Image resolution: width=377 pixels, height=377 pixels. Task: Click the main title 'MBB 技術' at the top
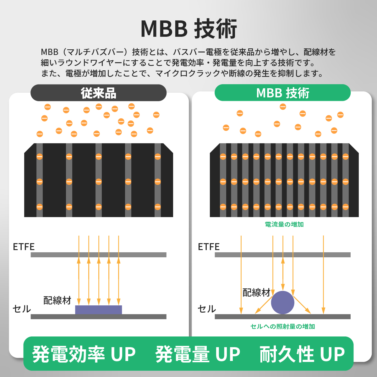[x=189, y=29]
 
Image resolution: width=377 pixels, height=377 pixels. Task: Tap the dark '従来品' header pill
[x=98, y=93]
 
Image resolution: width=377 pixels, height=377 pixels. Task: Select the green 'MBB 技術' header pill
[x=282, y=93]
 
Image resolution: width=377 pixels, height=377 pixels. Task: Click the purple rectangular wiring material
[x=98, y=310]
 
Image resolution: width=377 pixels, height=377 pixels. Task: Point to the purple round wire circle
[x=282, y=303]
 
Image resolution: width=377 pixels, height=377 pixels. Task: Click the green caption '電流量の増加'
[x=284, y=224]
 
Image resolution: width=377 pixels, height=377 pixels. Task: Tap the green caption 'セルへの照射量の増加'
[x=282, y=326]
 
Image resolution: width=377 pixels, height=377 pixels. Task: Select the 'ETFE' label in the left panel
[x=24, y=247]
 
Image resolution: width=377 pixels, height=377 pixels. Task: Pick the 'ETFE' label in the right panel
[x=209, y=247]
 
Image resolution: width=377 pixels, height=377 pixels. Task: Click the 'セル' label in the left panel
[x=22, y=309]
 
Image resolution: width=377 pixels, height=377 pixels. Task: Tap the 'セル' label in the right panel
[x=207, y=309]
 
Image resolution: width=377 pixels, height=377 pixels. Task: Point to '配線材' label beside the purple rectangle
[x=57, y=300]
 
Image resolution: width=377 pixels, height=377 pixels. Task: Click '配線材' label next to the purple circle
[x=256, y=292]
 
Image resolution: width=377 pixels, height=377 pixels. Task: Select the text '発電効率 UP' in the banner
[x=84, y=354]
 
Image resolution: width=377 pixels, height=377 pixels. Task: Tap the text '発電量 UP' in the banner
[x=198, y=354]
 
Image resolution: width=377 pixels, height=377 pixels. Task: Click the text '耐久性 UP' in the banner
[x=302, y=354]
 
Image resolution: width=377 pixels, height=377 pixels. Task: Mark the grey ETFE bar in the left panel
[x=98, y=255]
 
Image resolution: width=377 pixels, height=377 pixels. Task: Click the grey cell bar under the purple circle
[x=282, y=317]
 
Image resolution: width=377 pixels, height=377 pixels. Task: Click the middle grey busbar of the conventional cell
[x=98, y=180]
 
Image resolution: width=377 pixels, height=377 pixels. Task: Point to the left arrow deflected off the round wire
[x=264, y=305]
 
